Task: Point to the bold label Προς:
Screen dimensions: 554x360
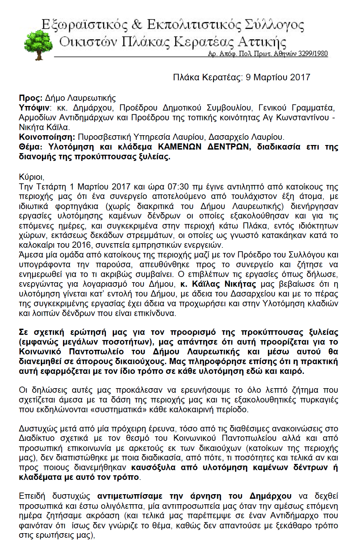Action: tap(31, 98)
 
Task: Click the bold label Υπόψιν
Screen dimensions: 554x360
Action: tap(34, 108)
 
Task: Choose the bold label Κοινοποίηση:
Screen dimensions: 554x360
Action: tap(47, 137)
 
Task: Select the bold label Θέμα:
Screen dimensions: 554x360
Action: tap(31, 147)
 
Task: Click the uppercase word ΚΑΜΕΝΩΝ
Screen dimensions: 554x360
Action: tap(180, 147)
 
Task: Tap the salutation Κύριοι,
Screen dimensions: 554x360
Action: tap(32, 177)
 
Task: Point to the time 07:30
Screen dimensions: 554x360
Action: tap(178, 187)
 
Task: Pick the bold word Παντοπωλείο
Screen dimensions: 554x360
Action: tap(96, 352)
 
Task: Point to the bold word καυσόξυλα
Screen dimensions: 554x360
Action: tap(153, 468)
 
